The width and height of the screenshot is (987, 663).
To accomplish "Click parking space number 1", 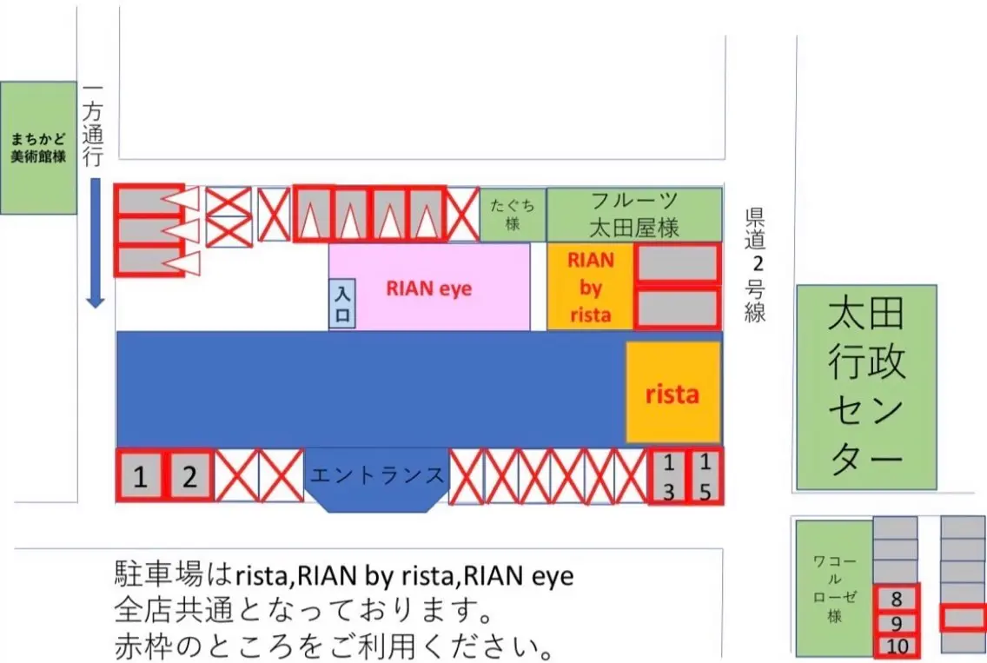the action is point(140,475).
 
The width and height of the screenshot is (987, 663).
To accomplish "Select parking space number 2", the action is point(189,475).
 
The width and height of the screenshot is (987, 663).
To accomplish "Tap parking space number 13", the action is point(668,476).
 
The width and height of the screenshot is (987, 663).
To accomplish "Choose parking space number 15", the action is point(705,476).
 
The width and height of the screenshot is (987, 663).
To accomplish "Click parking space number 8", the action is point(897,598).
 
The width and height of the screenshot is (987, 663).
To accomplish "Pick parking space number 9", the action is point(897,623).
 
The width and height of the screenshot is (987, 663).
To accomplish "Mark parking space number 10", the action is point(897,646).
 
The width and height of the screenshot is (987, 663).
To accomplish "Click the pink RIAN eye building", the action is point(429,287).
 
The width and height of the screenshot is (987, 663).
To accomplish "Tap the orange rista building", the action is point(672,393).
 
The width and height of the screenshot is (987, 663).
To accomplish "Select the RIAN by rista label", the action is point(591,287).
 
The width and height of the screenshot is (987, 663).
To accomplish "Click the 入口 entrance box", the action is point(341,303).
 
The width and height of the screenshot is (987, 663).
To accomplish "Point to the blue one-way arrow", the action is point(95,243).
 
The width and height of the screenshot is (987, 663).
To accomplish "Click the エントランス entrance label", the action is point(376,475).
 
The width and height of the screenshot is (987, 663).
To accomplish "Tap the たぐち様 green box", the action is point(513,215).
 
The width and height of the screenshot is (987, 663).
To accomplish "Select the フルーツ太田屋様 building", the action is point(634,215).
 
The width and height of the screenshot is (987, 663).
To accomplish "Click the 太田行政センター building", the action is point(866,388).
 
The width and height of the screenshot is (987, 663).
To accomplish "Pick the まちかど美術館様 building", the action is point(38,148).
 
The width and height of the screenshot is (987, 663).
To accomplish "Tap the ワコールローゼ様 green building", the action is point(834,588).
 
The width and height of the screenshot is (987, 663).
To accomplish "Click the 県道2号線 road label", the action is point(755,265).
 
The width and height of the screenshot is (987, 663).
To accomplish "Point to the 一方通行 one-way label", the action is point(93,126).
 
